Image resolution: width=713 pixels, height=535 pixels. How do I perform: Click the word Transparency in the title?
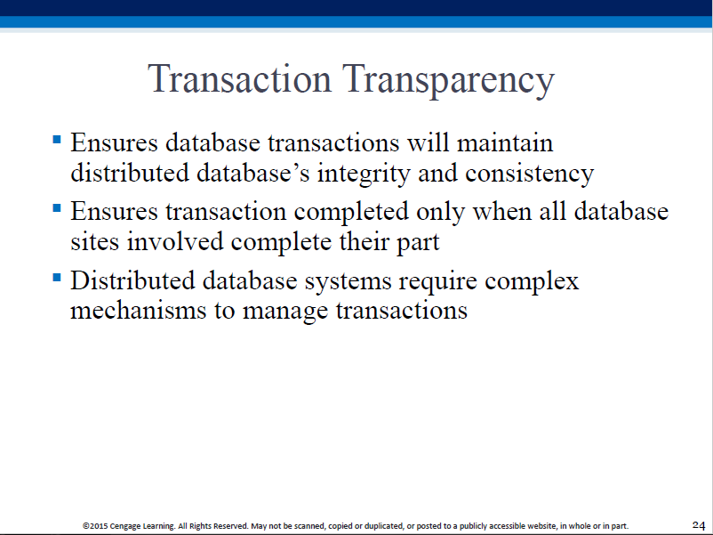pos(448,81)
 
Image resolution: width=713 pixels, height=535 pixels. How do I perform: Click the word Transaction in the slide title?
pos(240,78)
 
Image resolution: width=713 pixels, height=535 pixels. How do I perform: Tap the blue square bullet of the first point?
pos(57,139)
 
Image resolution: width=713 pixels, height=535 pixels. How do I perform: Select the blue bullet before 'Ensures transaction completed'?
pos(57,208)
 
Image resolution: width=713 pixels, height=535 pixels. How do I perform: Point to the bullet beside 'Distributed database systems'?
pos(57,277)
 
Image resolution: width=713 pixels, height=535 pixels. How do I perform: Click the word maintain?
pos(505,142)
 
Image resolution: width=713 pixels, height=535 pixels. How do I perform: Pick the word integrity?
pos(364,174)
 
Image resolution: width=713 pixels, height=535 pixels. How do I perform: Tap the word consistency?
pos(529,174)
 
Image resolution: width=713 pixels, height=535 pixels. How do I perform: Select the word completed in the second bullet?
pos(351,213)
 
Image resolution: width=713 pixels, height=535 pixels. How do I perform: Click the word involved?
pos(175,241)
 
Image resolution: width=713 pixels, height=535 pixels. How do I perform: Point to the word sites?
pos(94,242)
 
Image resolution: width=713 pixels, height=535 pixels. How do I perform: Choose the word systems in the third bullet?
pos(348,282)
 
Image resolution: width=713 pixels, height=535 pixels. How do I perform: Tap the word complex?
pos(532,281)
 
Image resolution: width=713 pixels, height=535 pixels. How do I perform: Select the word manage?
pos(285,312)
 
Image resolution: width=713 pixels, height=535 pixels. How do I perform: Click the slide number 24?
pos(699,525)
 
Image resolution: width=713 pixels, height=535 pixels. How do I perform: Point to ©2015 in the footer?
pos(95,526)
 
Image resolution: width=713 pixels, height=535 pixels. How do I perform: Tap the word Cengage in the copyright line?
pos(125,526)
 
